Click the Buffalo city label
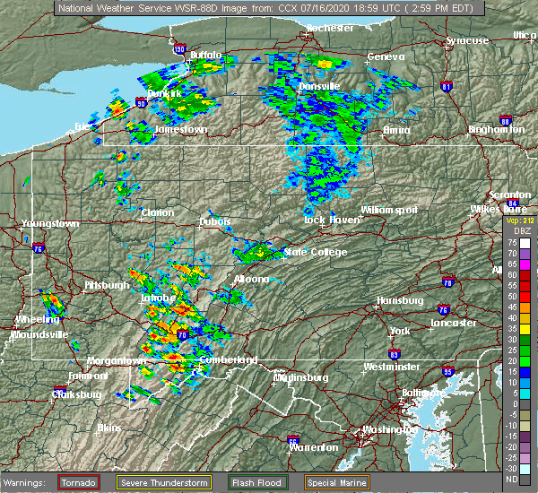[x=204, y=56]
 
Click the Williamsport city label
[x=389, y=209]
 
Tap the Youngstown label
[x=50, y=223]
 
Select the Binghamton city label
[x=496, y=130]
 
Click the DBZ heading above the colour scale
[x=520, y=231]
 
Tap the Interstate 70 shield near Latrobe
[x=181, y=335]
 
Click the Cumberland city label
[x=229, y=359]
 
